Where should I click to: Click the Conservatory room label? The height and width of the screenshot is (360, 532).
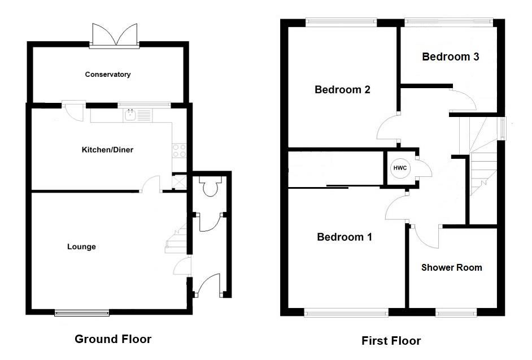click(108, 75)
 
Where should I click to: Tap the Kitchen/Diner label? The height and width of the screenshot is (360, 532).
click(108, 150)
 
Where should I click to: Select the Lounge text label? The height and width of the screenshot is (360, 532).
click(81, 247)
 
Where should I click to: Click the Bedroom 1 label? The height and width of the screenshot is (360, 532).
click(345, 237)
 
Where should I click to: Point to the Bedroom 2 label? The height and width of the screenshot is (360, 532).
click(343, 90)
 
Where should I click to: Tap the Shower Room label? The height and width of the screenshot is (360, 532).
click(452, 267)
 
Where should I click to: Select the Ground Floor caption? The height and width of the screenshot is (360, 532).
click(113, 339)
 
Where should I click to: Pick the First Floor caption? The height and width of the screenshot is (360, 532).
click(391, 341)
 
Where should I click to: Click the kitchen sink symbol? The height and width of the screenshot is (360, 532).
click(131, 116)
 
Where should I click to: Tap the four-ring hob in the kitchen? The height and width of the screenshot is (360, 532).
click(180, 151)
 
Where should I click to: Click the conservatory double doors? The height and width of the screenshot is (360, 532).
click(115, 35)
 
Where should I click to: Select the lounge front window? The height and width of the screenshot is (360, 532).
click(82, 312)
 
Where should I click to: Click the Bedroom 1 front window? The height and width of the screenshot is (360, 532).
click(346, 312)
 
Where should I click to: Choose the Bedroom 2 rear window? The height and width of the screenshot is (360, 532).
click(341, 23)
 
